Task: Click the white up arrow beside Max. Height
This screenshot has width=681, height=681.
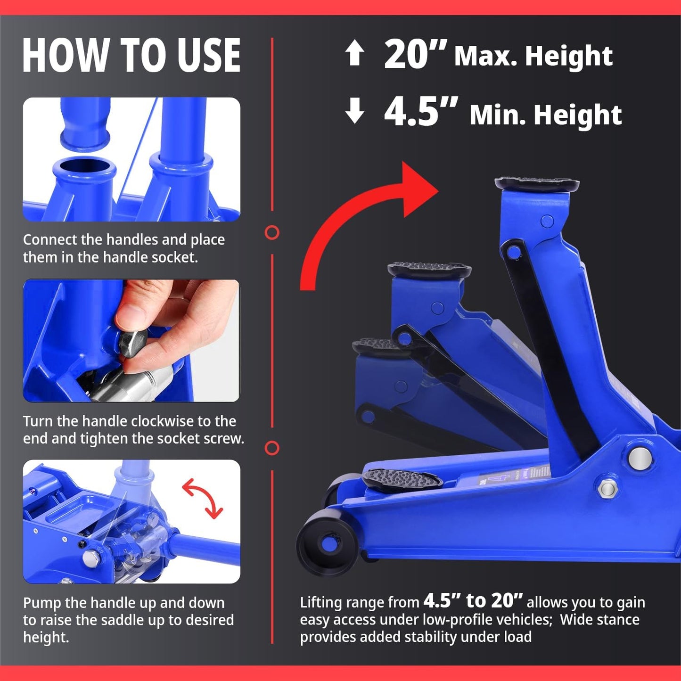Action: (354, 53)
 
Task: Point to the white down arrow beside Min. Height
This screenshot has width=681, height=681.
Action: (354, 111)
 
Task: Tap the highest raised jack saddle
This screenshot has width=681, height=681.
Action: (537, 183)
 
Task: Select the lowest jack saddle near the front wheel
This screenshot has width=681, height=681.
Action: (402, 479)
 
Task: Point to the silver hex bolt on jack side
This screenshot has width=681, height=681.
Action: (607, 489)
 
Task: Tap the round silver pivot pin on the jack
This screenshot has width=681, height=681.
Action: (640, 458)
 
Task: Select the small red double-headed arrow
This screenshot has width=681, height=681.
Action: (203, 498)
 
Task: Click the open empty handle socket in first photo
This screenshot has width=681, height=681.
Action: (84, 168)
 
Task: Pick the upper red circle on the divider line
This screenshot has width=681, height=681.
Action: (272, 232)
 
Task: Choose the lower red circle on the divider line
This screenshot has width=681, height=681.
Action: (272, 448)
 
